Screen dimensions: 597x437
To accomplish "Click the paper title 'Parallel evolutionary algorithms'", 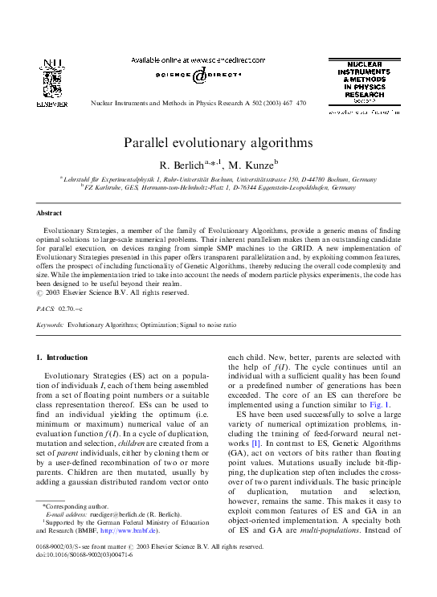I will click(x=218, y=142).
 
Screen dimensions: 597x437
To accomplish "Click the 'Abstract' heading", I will click(x=50, y=213).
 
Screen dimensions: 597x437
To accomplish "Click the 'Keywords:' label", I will click(x=50, y=325).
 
